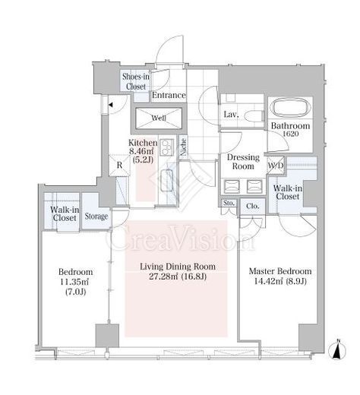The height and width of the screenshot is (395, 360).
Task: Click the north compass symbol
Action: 337,351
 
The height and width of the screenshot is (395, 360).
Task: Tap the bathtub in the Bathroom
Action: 290,108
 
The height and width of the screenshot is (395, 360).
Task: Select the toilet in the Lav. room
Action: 254,116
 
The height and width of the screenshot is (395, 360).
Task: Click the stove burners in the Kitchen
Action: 166,147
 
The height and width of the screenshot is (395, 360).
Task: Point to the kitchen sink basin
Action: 167,181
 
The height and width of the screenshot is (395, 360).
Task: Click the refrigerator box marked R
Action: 119,165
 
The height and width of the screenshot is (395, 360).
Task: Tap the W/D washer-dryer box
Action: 276,166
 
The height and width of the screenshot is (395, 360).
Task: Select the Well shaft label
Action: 159,118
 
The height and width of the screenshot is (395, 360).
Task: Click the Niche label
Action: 184,147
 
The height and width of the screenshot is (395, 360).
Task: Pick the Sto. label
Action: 229,203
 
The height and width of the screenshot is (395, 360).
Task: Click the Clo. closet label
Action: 252,206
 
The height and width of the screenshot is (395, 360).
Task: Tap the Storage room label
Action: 96,216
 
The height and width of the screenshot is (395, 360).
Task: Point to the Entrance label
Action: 169,95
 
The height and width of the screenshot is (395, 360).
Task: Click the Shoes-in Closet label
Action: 136,81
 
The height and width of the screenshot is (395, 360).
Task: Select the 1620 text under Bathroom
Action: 290,134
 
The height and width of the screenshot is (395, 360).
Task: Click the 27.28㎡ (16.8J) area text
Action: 178,276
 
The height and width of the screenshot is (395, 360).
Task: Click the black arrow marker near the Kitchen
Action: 110,104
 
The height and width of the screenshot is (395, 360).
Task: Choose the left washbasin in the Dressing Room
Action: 232,186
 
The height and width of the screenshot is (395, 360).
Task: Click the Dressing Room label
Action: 243,162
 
